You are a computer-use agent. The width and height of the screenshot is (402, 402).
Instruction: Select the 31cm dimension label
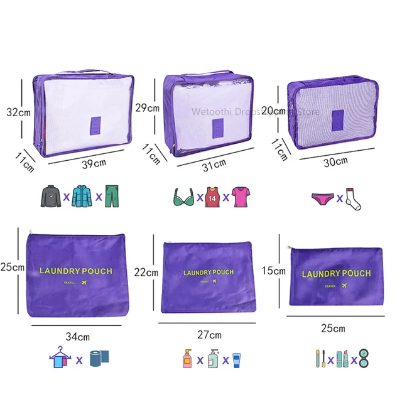214,165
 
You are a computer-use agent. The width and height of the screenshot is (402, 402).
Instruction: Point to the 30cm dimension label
335,161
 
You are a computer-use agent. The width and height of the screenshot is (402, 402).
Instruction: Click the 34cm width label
77,337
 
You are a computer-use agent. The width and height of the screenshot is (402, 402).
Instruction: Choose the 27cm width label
210,335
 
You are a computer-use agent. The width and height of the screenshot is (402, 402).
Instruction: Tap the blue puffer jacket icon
82,195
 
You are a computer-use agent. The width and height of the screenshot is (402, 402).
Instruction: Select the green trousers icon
112,195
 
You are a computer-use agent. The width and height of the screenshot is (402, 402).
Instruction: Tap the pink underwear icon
322,198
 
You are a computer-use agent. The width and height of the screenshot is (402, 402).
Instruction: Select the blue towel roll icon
99,359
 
